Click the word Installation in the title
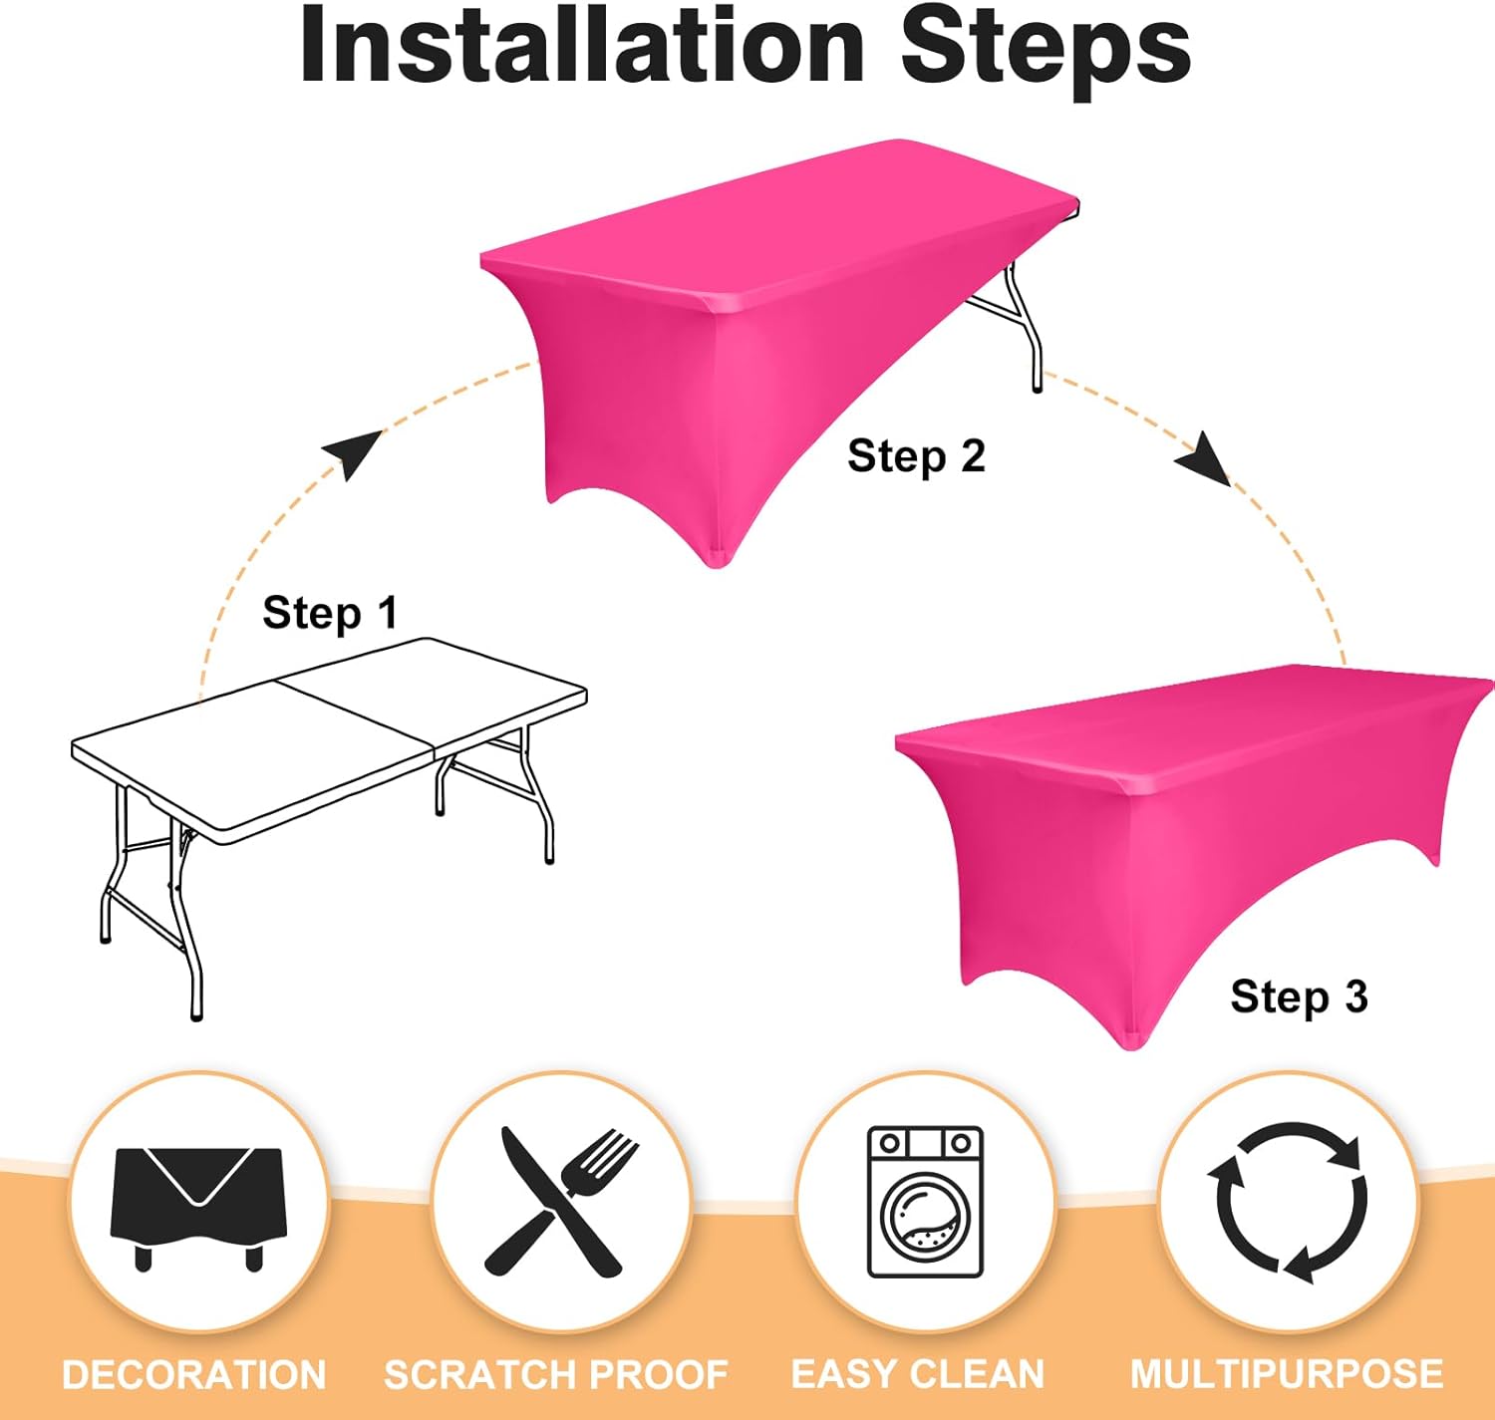click(x=582, y=45)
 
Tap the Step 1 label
click(x=330, y=613)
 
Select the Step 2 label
click(x=916, y=456)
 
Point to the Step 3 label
click(x=1299, y=996)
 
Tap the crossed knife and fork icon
click(x=561, y=1203)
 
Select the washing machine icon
click(x=926, y=1202)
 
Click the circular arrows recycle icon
click(x=1288, y=1203)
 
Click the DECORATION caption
click(x=194, y=1375)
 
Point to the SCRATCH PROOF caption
click(x=556, y=1375)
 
